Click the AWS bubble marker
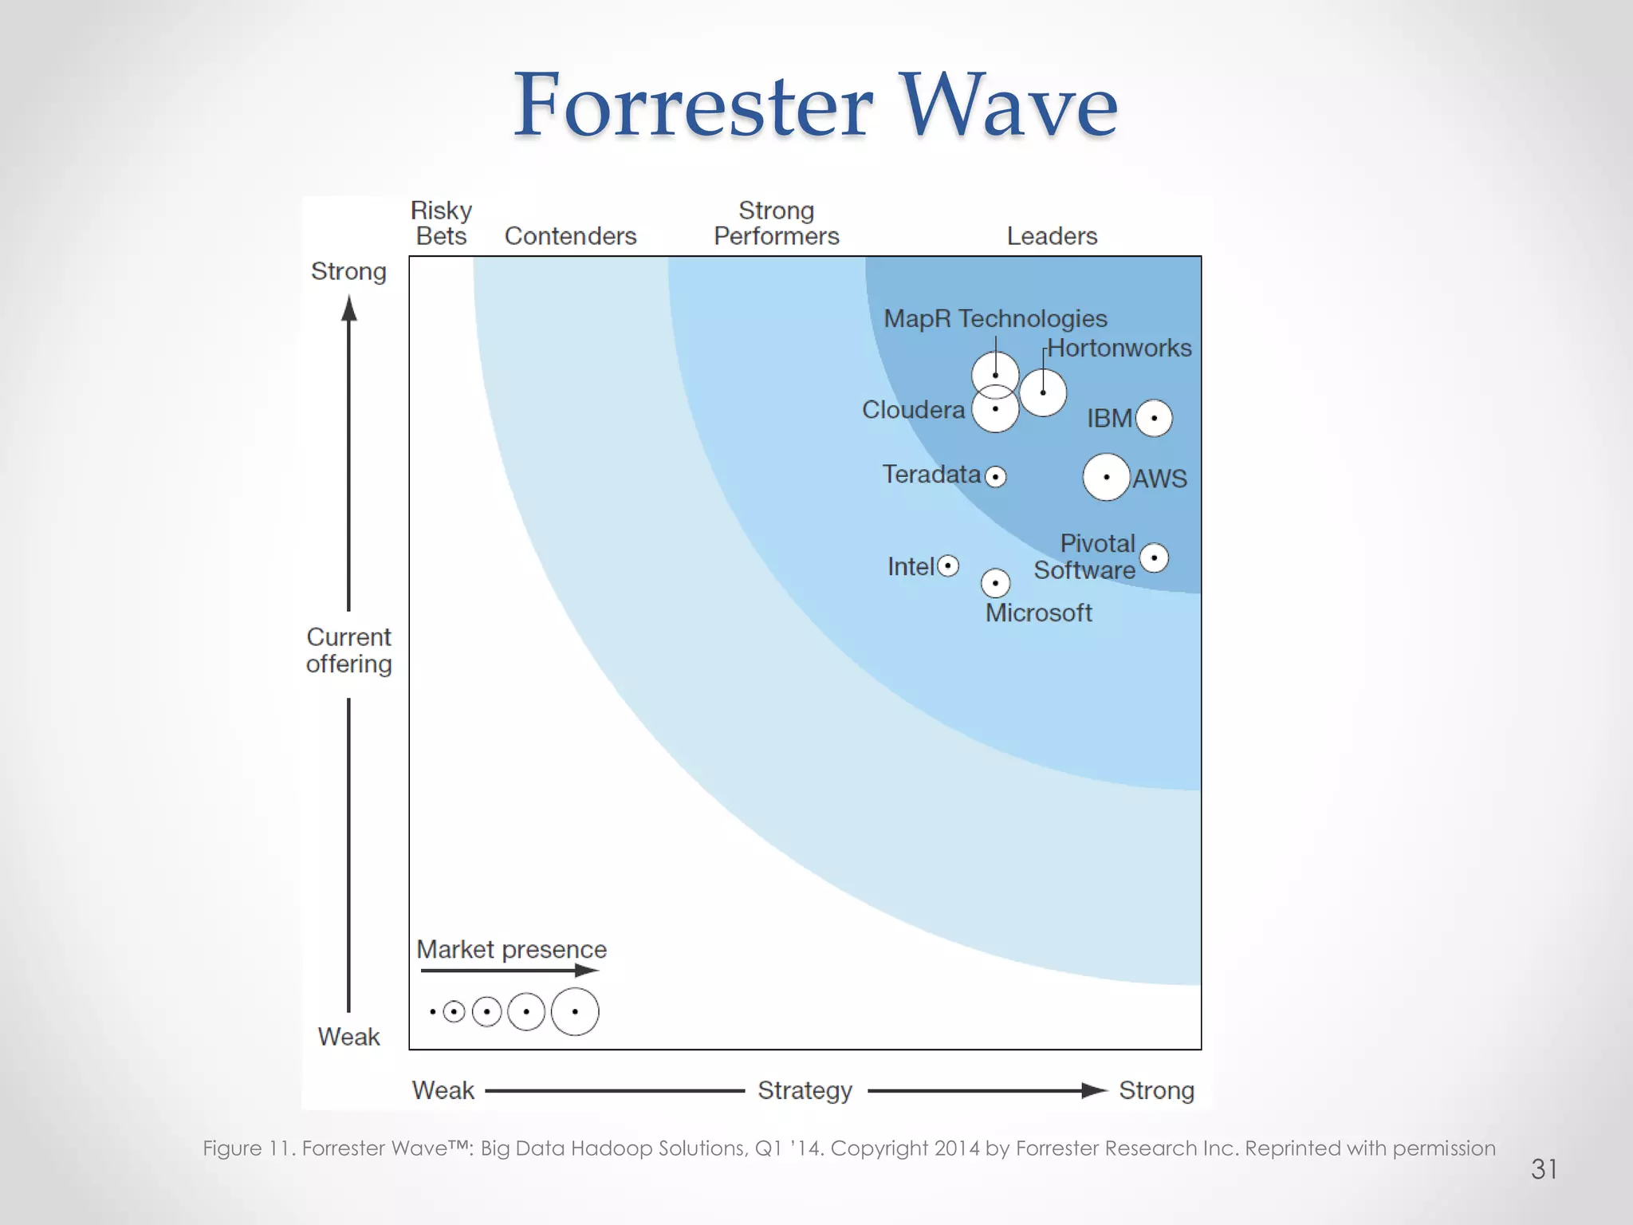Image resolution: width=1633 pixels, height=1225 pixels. pos(1106,477)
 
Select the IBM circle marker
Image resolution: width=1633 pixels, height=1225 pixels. pos(1154,418)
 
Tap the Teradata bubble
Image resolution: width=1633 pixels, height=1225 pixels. pos(995,477)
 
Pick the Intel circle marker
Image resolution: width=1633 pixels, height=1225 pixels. pos(948,566)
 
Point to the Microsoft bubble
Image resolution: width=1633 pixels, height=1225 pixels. pos(995,583)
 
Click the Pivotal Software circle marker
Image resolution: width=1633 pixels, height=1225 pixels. pos(1154,557)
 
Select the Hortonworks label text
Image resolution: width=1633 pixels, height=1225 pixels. pos(1119,348)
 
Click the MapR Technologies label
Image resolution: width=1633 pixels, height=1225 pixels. pos(995,318)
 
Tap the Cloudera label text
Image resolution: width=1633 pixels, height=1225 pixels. pos(913,410)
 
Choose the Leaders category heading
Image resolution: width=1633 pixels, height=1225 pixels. pos(1052,236)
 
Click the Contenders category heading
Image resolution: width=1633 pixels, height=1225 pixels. pos(570,236)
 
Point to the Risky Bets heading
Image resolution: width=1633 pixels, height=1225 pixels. pos(441,223)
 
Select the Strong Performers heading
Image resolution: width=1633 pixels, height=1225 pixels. pos(776,223)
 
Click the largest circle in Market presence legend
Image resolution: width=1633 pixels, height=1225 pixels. pos(575,1012)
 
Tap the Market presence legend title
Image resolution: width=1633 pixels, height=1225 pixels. pos(511,949)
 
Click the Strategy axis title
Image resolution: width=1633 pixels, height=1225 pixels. pos(805,1090)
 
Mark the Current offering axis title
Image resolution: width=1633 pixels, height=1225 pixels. pos(348,650)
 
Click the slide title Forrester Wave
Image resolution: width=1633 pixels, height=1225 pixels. pos(815,105)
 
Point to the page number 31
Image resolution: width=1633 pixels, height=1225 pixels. pos(1544,1169)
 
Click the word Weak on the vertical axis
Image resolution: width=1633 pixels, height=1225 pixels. pos(348,1037)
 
